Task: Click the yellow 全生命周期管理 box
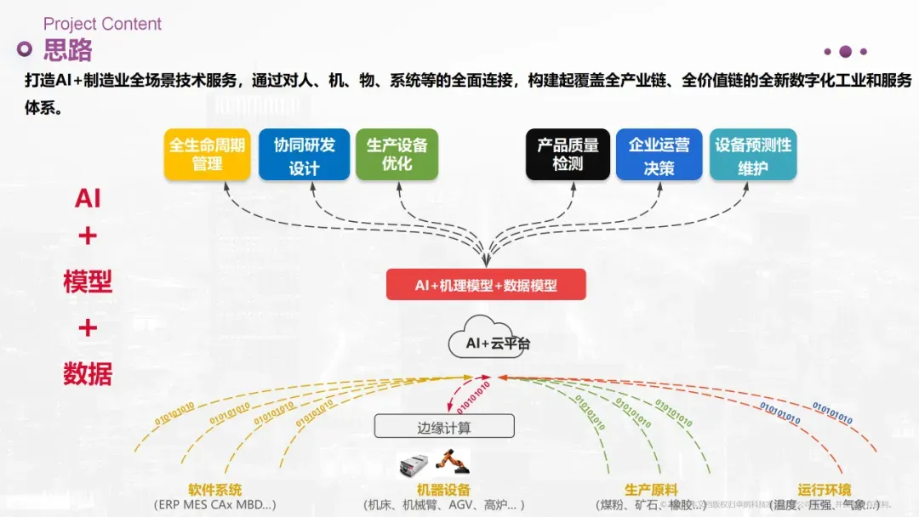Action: pyautogui.click(x=207, y=155)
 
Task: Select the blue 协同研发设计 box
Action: pyautogui.click(x=304, y=155)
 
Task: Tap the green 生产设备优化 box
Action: pyautogui.click(x=397, y=155)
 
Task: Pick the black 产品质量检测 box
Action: pyautogui.click(x=568, y=155)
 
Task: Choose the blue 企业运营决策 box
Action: pyautogui.click(x=659, y=155)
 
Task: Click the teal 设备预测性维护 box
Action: pyautogui.click(x=753, y=155)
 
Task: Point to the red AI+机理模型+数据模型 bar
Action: pyautogui.click(x=486, y=285)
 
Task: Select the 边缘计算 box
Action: pyautogui.click(x=444, y=427)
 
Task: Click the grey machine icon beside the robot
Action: pyautogui.click(x=417, y=465)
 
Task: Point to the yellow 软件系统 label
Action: pyautogui.click(x=215, y=490)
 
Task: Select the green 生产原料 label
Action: pyautogui.click(x=651, y=490)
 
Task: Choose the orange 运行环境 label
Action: pyautogui.click(x=824, y=490)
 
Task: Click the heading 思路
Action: pyautogui.click(x=68, y=50)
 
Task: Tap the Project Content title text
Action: pyautogui.click(x=102, y=24)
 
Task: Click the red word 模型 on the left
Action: pyautogui.click(x=88, y=281)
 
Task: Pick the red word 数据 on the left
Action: pyautogui.click(x=88, y=373)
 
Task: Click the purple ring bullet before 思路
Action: pyautogui.click(x=26, y=49)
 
